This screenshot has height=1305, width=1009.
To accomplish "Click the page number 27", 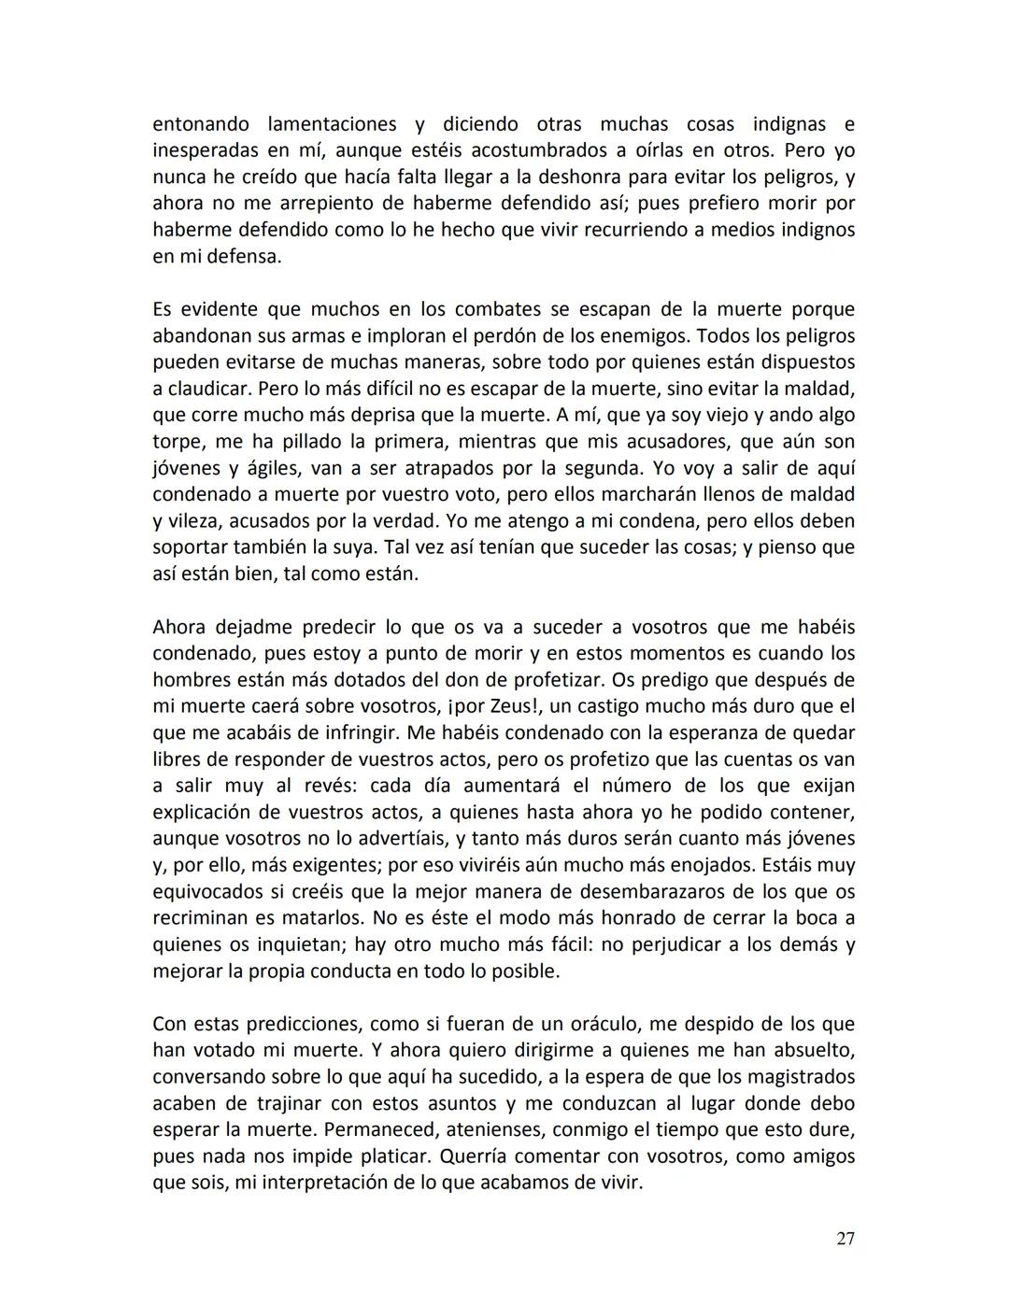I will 845,1239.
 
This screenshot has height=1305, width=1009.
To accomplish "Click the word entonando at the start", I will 201,124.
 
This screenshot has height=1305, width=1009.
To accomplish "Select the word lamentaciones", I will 333,124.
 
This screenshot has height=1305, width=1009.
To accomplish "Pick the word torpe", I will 176,441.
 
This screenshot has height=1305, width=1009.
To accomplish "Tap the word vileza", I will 194,520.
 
